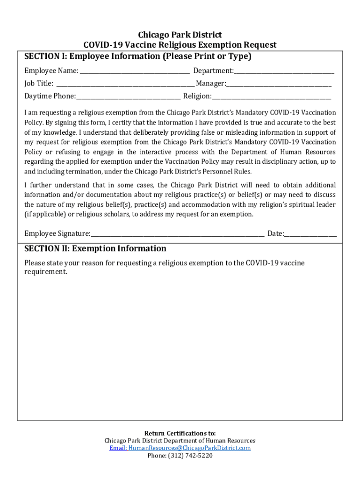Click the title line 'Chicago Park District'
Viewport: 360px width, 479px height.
(180, 35)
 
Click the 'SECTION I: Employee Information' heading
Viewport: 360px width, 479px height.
(138, 56)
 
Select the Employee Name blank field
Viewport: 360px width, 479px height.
(135, 72)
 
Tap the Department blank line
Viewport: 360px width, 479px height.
(284, 72)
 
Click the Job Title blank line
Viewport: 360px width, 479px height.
(125, 85)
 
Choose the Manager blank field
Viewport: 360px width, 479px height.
(279, 85)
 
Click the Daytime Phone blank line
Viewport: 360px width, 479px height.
(129, 97)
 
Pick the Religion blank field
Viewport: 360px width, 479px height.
(271, 97)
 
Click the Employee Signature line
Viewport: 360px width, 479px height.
(178, 234)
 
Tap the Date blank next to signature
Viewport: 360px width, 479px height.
(310, 234)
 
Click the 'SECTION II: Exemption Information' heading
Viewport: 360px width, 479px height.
(95, 248)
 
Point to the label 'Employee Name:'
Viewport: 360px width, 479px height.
(51, 71)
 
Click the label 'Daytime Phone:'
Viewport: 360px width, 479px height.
(50, 96)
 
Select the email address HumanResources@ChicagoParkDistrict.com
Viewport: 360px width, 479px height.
(189, 448)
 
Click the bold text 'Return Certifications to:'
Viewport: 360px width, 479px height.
(180, 433)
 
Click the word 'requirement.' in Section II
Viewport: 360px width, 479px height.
(46, 272)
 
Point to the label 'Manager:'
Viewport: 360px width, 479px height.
(211, 84)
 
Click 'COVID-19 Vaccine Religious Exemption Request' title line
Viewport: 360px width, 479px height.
(180, 45)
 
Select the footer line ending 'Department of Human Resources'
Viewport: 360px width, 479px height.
(180, 441)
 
